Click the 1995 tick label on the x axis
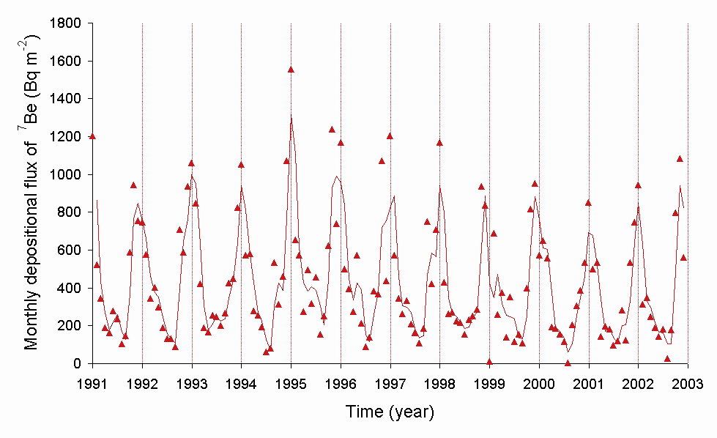(291, 385)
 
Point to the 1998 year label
(439, 385)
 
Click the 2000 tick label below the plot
(539, 385)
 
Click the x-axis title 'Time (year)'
(390, 413)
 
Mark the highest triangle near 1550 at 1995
(291, 70)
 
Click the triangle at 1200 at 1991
(92, 136)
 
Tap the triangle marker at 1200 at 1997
(390, 136)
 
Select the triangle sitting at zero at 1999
(489, 362)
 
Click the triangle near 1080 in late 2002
(680, 158)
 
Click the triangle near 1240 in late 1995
(332, 130)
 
